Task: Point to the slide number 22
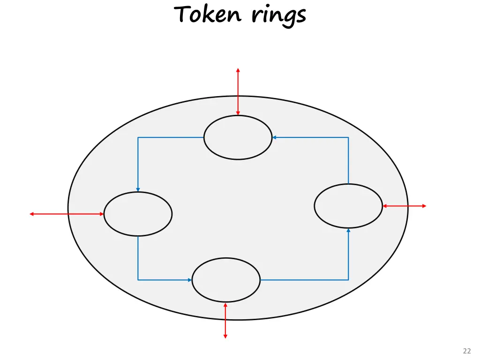point(466,351)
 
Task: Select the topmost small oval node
point(238,137)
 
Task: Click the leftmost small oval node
point(138,214)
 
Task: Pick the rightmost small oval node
point(348,206)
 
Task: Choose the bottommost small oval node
point(226,280)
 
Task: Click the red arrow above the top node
point(238,92)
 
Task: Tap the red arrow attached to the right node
point(405,206)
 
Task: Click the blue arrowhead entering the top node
point(274,137)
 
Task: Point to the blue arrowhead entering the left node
point(138,189)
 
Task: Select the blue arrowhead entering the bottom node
point(190,280)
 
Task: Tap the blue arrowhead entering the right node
point(348,230)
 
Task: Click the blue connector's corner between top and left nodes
point(138,137)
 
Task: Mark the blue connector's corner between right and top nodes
point(348,137)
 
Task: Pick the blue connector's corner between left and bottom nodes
point(138,280)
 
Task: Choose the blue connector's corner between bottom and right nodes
point(348,280)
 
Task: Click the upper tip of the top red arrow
point(238,70)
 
